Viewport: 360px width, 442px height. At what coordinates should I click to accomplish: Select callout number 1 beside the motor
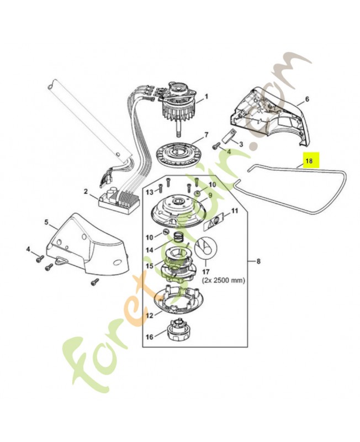[207, 97]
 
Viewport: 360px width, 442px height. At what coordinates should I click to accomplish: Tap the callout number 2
[86, 191]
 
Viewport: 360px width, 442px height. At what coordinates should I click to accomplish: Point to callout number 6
[307, 99]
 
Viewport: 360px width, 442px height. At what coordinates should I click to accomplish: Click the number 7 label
[207, 134]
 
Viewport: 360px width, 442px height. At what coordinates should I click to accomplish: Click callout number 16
[149, 336]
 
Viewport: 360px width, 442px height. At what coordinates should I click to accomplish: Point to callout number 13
[149, 191]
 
